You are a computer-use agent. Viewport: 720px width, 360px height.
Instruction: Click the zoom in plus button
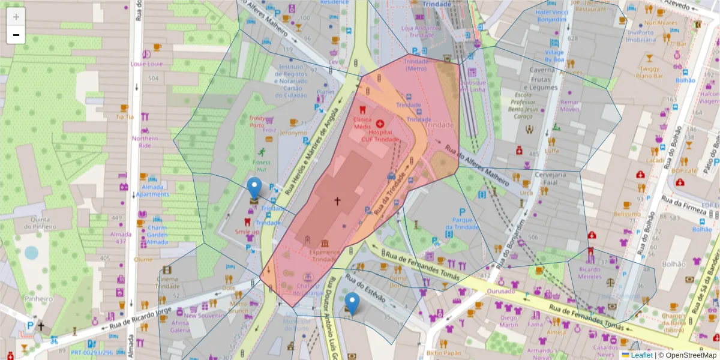point(16,17)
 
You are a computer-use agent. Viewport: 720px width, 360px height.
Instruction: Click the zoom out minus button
point(16,35)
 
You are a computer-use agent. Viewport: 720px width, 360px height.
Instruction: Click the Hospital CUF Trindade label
point(380,136)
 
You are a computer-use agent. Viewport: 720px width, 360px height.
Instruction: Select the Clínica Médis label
point(362,123)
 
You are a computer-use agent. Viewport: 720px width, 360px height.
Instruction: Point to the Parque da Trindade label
point(461,223)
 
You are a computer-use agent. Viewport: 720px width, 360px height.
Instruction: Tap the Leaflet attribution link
point(641,355)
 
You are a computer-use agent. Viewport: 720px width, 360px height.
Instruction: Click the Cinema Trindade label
point(167,283)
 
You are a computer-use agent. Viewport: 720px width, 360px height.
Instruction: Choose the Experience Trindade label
point(324,256)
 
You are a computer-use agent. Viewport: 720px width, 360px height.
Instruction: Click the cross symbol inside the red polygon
point(337,201)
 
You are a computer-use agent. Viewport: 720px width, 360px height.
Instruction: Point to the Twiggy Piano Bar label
point(648,72)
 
